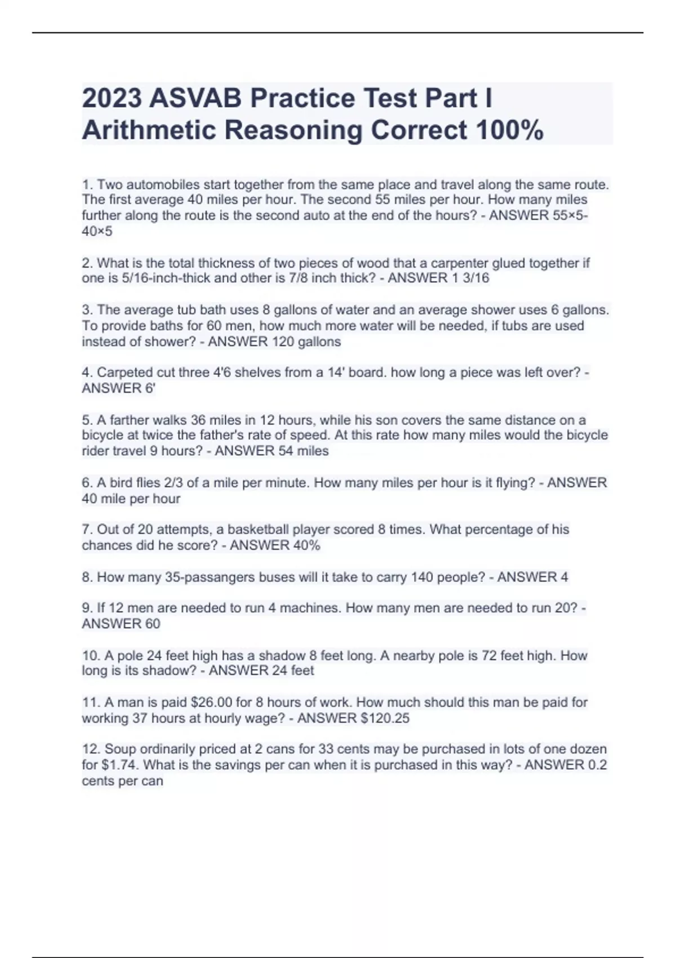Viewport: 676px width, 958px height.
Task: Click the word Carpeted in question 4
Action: [121, 372]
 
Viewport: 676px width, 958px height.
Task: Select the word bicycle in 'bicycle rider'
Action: [587, 435]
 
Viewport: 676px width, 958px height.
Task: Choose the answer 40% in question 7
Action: [306, 545]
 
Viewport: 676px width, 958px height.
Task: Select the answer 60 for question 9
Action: [153, 624]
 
